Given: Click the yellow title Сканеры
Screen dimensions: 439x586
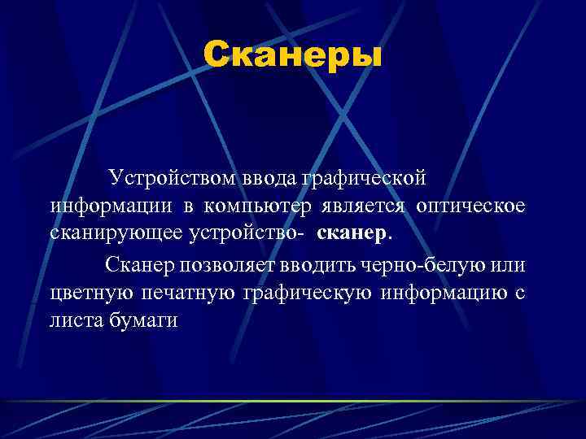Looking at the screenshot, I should pos(292,55).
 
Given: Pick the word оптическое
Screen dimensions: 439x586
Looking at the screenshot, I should pos(470,206).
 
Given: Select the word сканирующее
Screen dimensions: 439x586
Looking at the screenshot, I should pos(116,234).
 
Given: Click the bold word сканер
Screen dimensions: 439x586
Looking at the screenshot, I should pos(353,234).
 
